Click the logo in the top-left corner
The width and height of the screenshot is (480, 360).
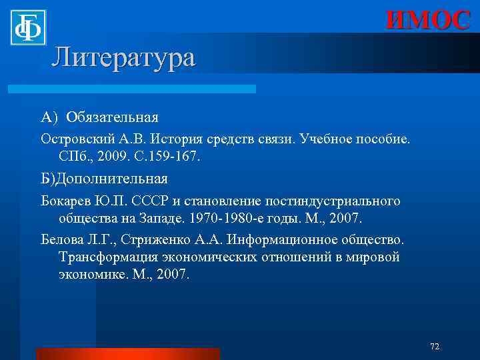[27, 27]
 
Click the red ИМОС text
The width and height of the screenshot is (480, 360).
[428, 20]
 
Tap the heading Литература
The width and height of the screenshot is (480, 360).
[123, 57]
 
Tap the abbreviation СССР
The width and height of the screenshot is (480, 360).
[154, 201]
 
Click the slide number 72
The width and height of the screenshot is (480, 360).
[435, 346]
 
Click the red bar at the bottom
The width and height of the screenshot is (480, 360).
[127, 354]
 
